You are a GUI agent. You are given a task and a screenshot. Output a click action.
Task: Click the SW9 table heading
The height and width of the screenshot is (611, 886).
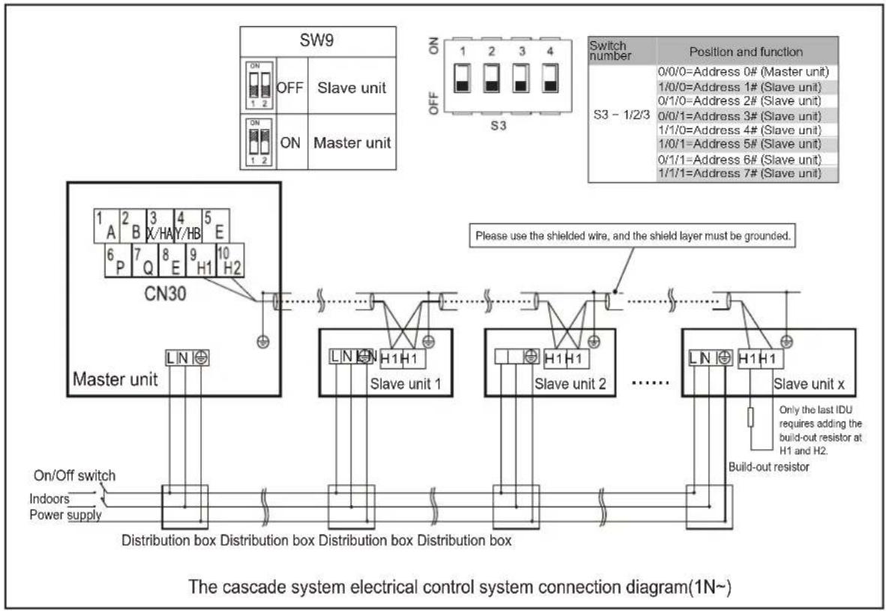[x=316, y=40]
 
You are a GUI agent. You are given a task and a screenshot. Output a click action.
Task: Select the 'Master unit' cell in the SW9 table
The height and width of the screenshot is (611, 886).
[x=352, y=142]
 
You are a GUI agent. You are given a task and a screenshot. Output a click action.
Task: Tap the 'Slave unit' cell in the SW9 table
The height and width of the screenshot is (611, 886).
[x=352, y=88]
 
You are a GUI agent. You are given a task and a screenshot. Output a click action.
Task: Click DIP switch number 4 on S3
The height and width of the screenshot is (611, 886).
[x=549, y=78]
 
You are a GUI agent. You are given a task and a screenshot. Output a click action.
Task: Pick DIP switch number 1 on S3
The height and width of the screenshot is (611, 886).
[x=462, y=78]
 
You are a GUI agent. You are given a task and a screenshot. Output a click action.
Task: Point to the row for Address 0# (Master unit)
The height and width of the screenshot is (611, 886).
[x=744, y=72]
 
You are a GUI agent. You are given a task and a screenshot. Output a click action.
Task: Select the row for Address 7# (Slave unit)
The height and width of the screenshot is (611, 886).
[x=740, y=173]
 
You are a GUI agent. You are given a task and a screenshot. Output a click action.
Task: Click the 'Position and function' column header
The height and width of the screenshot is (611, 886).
[x=746, y=52]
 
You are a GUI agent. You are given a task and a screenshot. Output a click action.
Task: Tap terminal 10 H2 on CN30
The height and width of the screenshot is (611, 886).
[x=230, y=260]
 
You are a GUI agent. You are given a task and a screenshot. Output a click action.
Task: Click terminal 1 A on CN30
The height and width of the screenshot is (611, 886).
[x=106, y=226]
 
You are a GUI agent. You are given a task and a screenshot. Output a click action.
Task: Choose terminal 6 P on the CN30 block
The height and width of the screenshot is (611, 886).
[x=118, y=260]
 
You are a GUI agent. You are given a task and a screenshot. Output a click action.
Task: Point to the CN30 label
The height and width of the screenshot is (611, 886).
[x=165, y=293]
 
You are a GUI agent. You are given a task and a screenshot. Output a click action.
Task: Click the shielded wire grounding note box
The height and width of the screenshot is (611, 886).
[x=633, y=235]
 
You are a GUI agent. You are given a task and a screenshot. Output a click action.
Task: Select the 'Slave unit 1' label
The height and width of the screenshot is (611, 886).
[x=405, y=385]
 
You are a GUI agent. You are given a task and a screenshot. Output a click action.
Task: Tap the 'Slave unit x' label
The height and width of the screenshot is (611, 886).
[x=809, y=385]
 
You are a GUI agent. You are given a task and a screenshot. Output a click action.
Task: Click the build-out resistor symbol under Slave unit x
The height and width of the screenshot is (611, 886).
[x=750, y=418]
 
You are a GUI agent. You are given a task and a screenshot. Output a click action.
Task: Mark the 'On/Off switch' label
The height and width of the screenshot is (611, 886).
[x=75, y=475]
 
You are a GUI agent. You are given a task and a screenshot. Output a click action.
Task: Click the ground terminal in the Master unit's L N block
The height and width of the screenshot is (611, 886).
[x=201, y=358]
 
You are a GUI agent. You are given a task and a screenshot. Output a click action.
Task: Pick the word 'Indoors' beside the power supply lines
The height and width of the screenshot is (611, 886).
[x=49, y=499]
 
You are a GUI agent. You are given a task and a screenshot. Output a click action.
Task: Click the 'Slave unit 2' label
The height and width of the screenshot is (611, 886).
[x=570, y=385]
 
